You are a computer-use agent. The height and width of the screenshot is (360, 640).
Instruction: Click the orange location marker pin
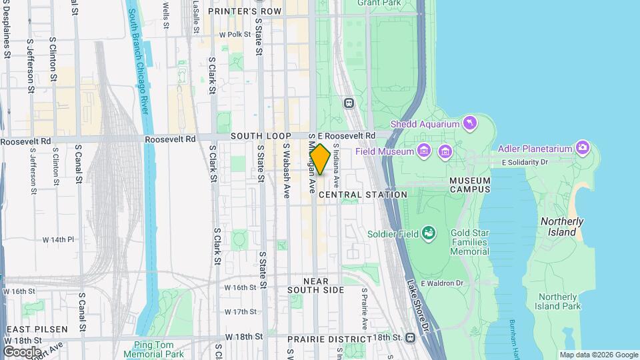click(320, 160)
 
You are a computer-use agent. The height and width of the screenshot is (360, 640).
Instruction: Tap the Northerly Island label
click(561, 227)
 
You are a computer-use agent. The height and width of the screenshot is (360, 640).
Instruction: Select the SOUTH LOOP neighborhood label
click(257, 136)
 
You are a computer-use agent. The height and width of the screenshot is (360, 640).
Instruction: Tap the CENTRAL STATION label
click(363, 195)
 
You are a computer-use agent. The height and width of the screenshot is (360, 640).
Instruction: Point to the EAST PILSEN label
click(37, 330)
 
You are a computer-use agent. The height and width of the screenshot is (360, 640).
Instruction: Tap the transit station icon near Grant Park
click(349, 103)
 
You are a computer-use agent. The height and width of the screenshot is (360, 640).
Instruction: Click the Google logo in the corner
click(21, 351)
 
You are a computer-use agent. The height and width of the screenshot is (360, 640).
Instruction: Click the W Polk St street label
click(228, 34)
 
